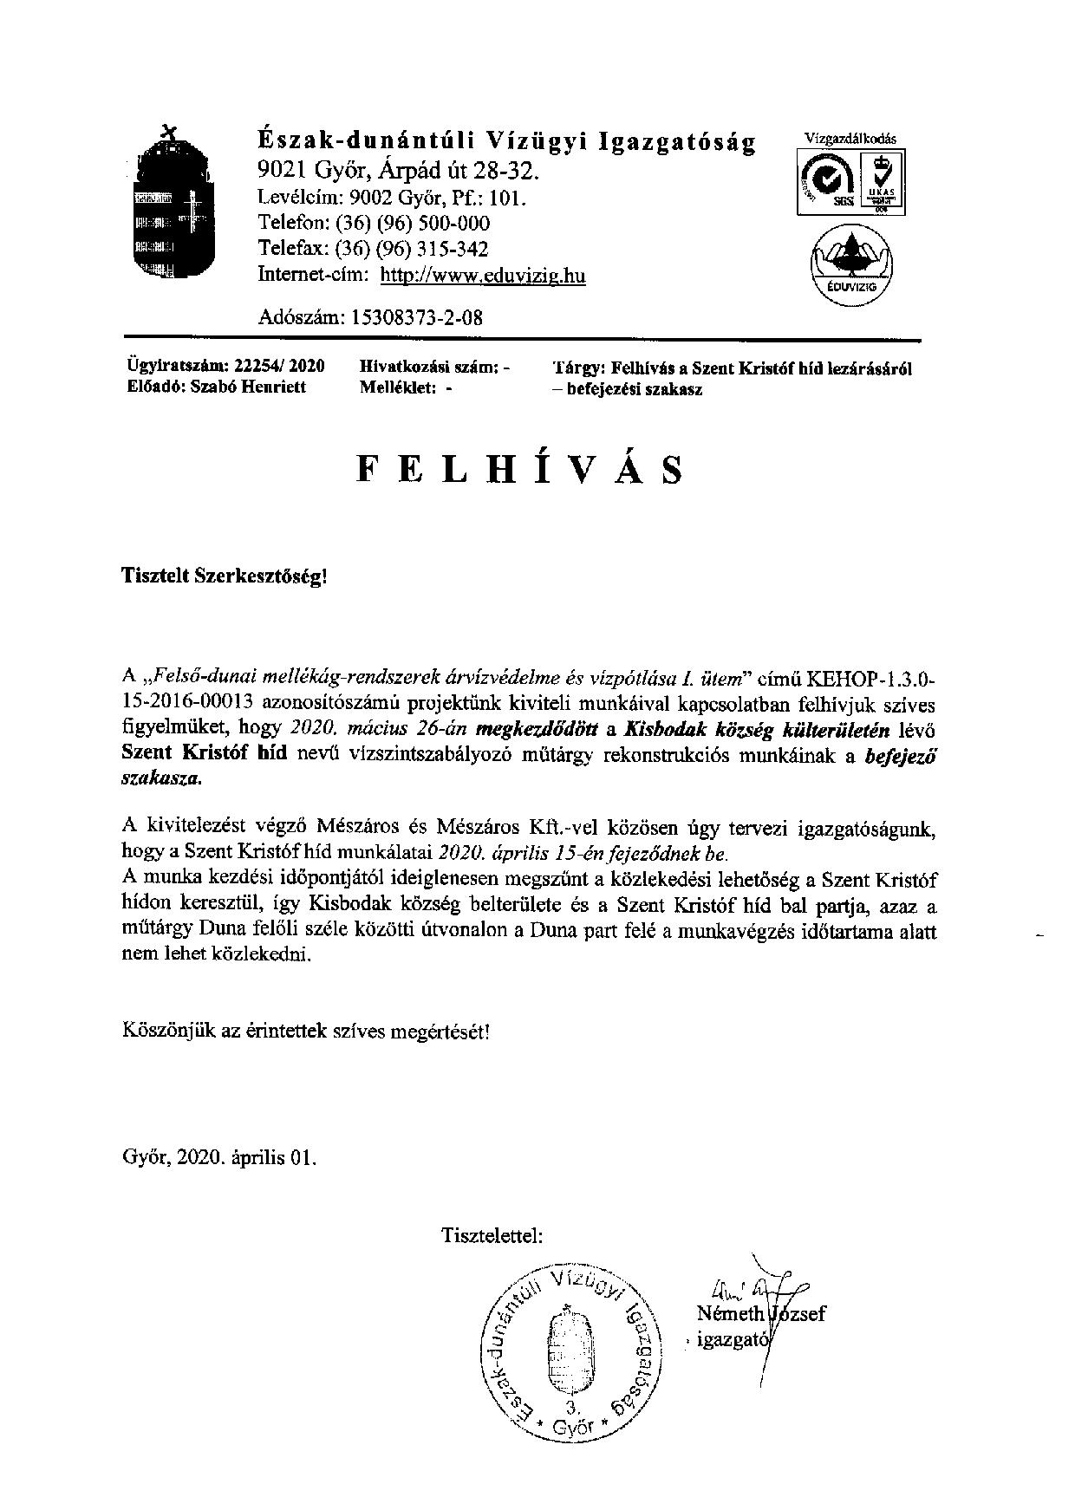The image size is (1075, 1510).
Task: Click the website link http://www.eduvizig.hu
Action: tap(483, 276)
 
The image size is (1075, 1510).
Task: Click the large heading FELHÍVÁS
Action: tap(519, 469)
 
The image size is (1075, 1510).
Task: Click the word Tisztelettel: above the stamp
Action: tap(492, 1234)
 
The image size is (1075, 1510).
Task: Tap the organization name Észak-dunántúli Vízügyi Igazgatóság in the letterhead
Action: tap(507, 141)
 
